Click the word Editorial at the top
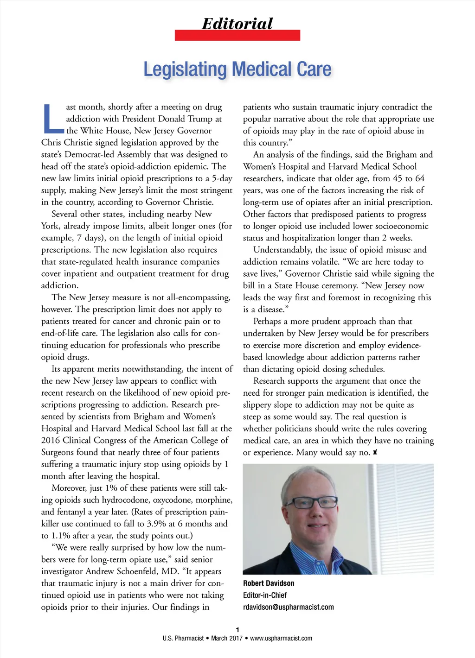coord(237,23)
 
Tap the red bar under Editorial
coord(237,35)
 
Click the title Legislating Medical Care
coord(237,69)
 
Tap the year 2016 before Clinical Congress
coord(51,440)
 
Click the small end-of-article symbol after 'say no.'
coord(375,452)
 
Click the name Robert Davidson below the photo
coord(269,583)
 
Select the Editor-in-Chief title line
coord(265,595)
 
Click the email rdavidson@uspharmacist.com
coord(288,607)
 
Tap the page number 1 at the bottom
coord(237,630)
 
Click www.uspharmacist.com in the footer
coord(281,639)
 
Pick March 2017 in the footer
coord(227,639)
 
